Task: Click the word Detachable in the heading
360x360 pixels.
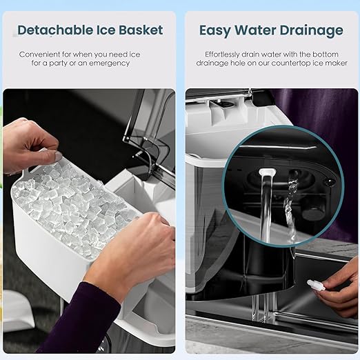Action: [55, 30]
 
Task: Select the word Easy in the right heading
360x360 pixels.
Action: [214, 31]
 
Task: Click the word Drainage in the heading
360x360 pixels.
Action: [311, 31]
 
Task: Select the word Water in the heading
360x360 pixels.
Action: [254, 30]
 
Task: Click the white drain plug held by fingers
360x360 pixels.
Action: [316, 286]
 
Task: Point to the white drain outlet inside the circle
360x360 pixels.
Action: [267, 172]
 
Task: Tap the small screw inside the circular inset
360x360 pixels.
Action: [330, 182]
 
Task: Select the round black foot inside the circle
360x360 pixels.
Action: [313, 212]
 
